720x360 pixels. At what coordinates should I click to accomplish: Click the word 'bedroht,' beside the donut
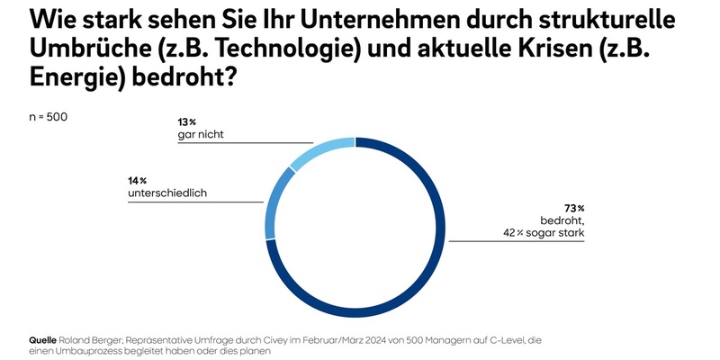pyautogui.click(x=560, y=220)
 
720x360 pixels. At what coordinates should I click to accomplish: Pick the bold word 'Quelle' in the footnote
pyautogui.click(x=45, y=339)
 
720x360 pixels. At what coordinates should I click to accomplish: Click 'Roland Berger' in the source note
pyautogui.click(x=98, y=339)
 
